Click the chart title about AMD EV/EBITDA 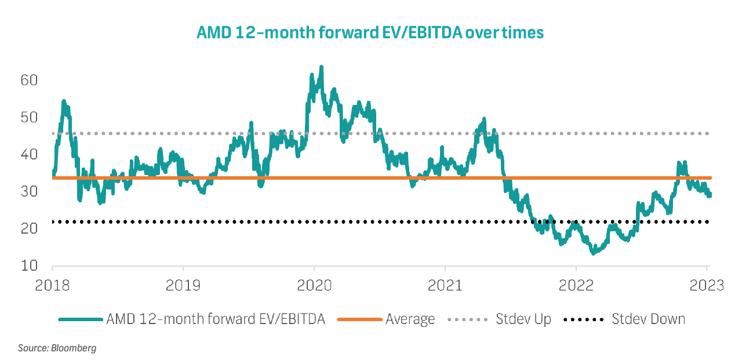pyautogui.click(x=370, y=32)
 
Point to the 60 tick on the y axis pyautogui.click(x=29, y=80)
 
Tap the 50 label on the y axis pyautogui.click(x=29, y=117)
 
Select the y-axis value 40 pyautogui.click(x=29, y=154)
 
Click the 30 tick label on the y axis pyautogui.click(x=29, y=191)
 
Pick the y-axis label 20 pyautogui.click(x=29, y=228)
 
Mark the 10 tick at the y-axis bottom pyautogui.click(x=29, y=266)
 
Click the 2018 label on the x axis pyautogui.click(x=52, y=285)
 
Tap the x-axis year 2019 pyautogui.click(x=183, y=285)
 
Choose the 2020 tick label pyautogui.click(x=314, y=285)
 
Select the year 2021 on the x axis pyautogui.click(x=445, y=285)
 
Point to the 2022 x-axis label pyautogui.click(x=576, y=285)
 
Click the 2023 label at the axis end pyautogui.click(x=706, y=285)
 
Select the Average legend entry pyautogui.click(x=410, y=319)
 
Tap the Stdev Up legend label pyautogui.click(x=523, y=319)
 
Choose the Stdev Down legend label pyautogui.click(x=649, y=319)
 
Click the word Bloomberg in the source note pyautogui.click(x=74, y=348)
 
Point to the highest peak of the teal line pyautogui.click(x=321, y=67)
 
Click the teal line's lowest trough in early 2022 pyautogui.click(x=593, y=253)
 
